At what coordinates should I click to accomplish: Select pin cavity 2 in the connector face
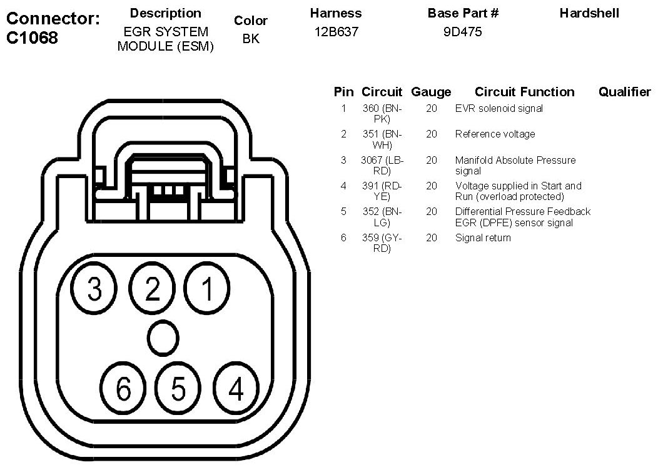[x=152, y=289]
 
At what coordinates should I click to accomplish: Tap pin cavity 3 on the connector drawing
[x=95, y=289]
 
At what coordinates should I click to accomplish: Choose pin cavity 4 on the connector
[x=235, y=389]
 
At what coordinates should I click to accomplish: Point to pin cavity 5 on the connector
[x=178, y=389]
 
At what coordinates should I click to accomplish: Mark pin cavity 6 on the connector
[x=123, y=389]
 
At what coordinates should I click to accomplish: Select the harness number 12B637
[x=337, y=32]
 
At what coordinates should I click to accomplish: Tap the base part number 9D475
[x=462, y=32]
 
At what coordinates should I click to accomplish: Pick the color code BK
[x=250, y=39]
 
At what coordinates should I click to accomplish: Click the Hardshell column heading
[x=589, y=13]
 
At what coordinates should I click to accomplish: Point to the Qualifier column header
[x=624, y=92]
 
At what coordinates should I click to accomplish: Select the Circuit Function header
[x=524, y=92]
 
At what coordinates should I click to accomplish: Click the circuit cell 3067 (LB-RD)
[x=382, y=165]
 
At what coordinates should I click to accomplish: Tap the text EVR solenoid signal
[x=499, y=108]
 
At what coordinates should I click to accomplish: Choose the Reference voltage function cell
[x=495, y=134]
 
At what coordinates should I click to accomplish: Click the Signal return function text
[x=482, y=237]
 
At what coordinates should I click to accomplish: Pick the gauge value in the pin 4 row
[x=432, y=186]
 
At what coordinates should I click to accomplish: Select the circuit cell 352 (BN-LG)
[x=382, y=217]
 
